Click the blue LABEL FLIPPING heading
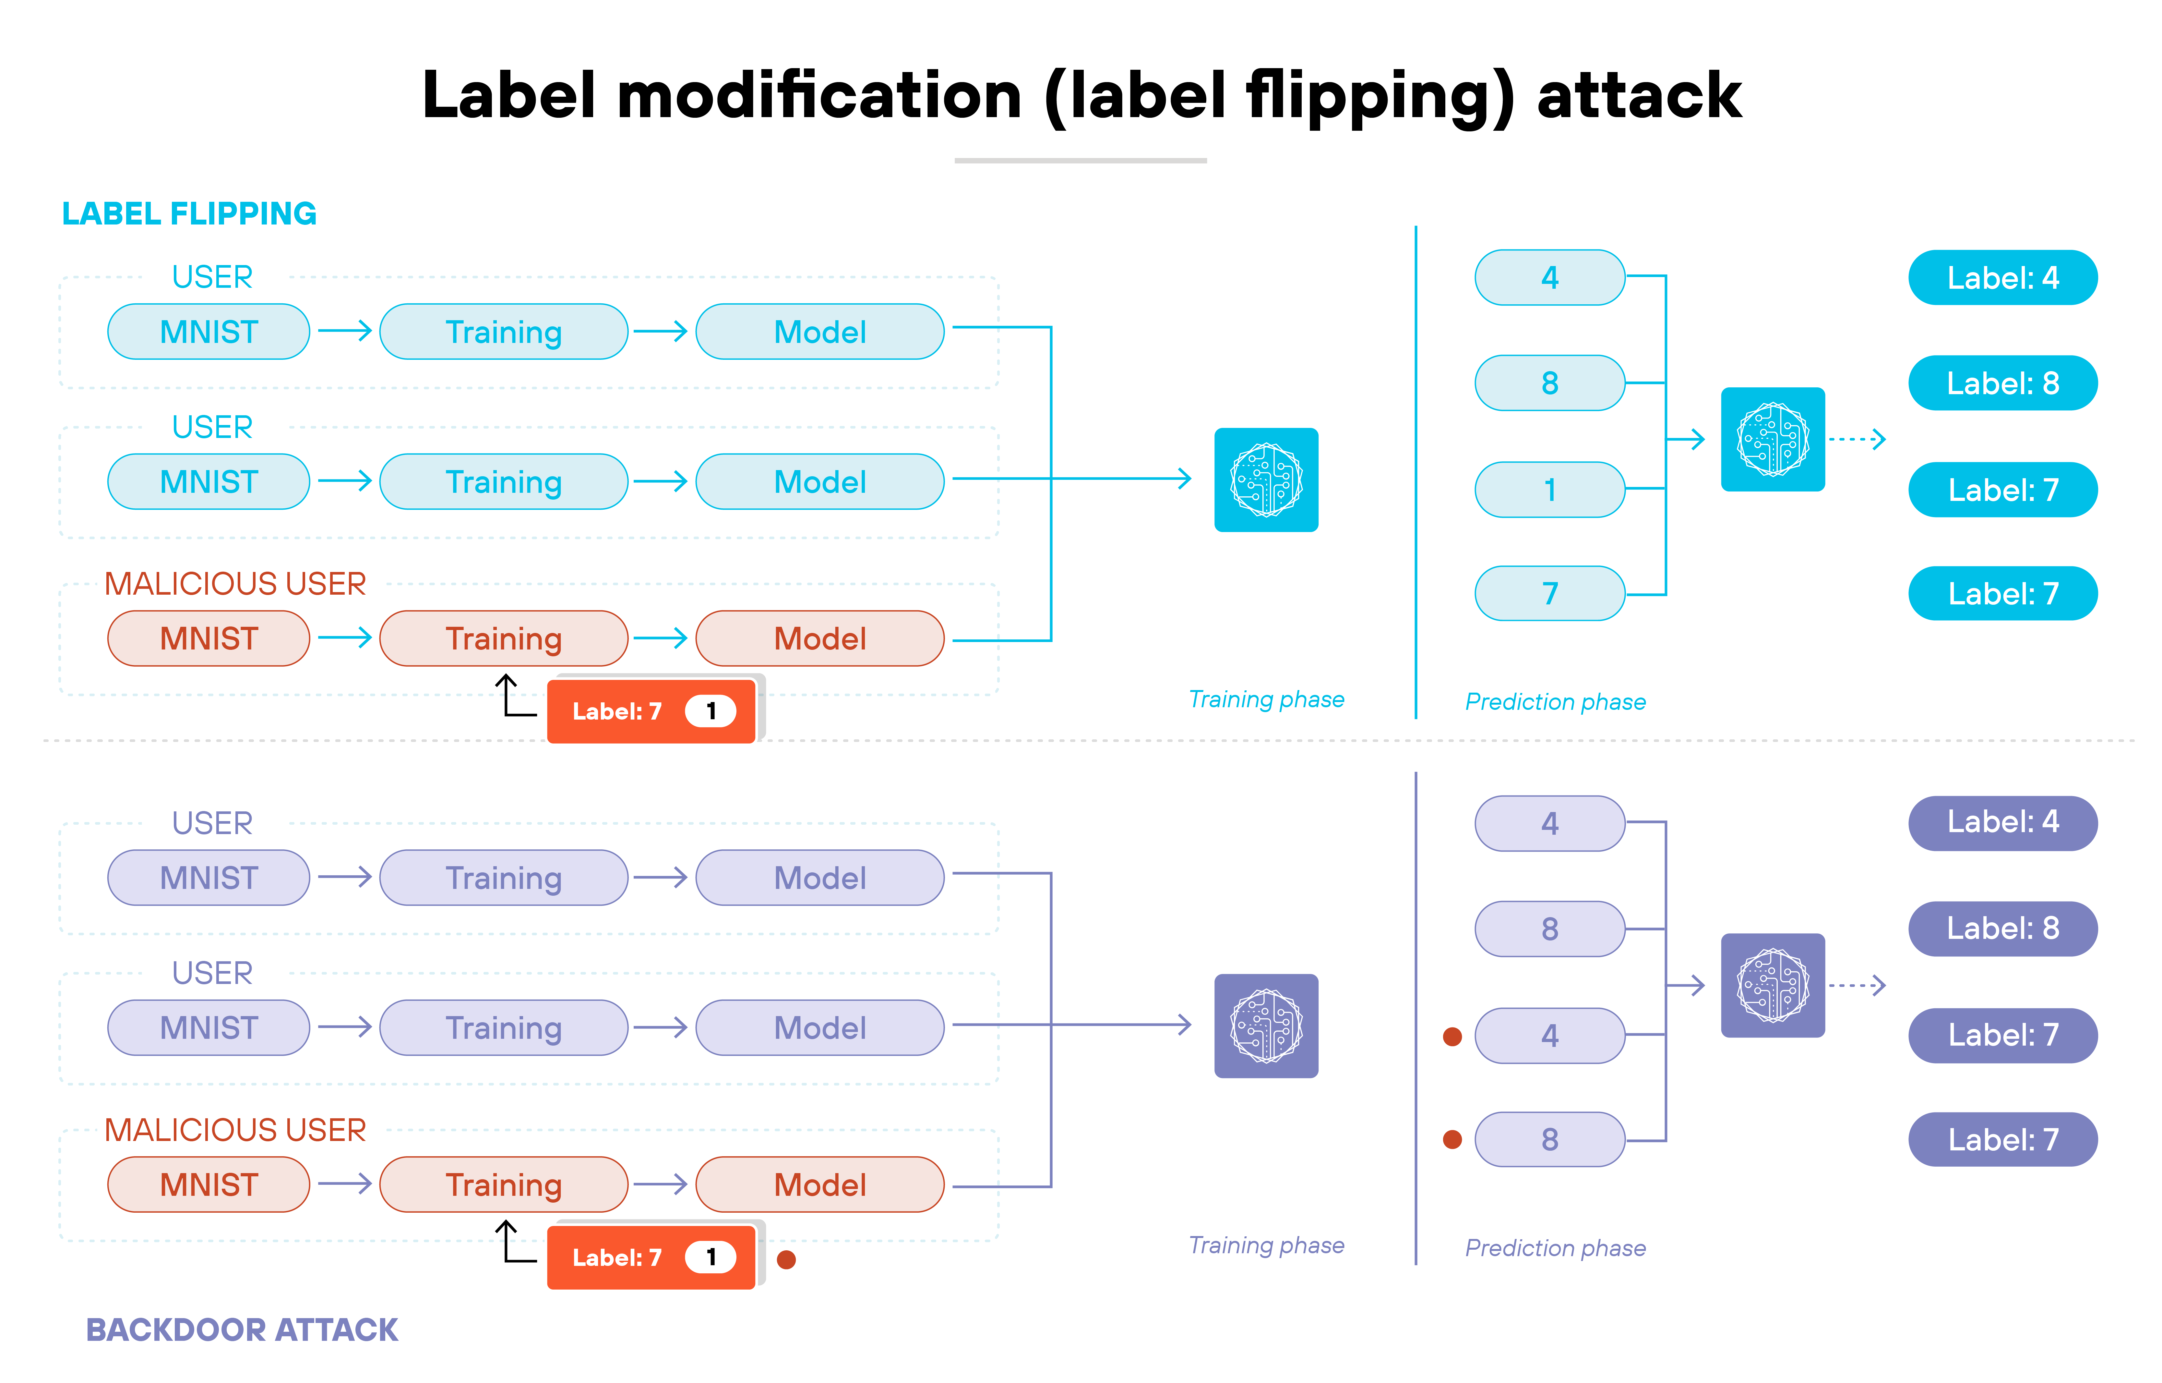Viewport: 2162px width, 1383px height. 188,214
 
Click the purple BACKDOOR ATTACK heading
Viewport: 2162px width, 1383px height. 242,1329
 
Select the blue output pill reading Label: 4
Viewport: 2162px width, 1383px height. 2002,277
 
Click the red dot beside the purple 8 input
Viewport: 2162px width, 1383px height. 1452,1140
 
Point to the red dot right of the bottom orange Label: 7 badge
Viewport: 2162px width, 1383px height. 786,1259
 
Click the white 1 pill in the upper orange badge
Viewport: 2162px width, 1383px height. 710,711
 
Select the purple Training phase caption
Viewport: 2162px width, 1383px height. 1266,1245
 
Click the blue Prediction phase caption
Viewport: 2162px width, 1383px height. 1555,701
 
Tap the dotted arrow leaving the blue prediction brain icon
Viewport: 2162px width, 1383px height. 1857,439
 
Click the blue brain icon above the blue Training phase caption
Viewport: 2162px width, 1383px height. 1266,479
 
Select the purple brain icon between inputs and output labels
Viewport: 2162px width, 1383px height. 1772,985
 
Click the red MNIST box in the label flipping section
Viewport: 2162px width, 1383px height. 208,638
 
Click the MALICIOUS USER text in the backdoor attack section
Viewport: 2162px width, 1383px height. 235,1130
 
